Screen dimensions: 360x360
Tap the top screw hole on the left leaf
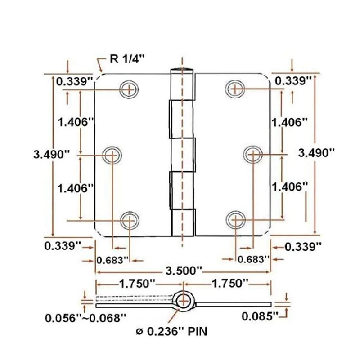coord(130,89)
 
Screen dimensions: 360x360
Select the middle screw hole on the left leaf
coord(112,156)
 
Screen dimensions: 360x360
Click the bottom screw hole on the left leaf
coord(130,220)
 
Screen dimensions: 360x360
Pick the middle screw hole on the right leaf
coord(252,155)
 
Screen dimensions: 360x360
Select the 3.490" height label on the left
coord(52,154)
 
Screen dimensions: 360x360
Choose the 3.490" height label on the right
coord(317,152)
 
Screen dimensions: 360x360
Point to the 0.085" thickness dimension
coord(260,316)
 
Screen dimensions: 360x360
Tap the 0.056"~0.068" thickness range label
coord(85,318)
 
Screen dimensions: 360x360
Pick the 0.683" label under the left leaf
coord(113,259)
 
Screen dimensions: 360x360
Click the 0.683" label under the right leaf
coord(253,259)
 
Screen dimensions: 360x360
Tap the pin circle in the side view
coord(183,301)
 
